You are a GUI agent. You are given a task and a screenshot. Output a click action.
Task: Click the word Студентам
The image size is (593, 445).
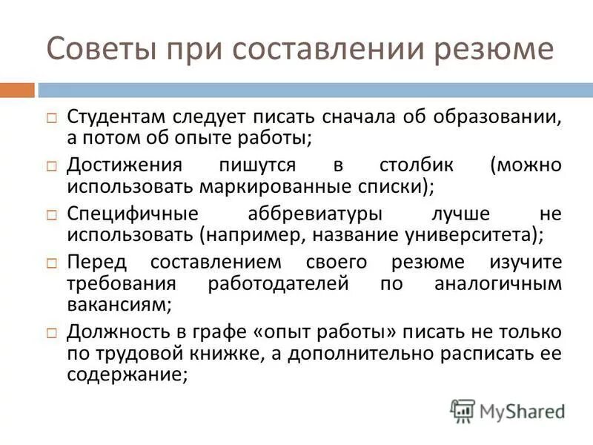[x=118, y=116]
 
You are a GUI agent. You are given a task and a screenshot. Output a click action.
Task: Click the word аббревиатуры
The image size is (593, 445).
[x=314, y=214]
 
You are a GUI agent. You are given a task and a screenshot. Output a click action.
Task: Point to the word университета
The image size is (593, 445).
[x=469, y=234]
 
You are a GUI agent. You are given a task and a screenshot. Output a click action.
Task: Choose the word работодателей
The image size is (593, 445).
[x=279, y=283]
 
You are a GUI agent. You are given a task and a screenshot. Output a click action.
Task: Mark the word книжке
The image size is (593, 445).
[x=225, y=352]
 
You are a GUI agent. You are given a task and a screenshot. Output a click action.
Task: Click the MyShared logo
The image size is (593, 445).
[x=507, y=410]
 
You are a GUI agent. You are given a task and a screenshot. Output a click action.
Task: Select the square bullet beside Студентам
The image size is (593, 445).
[x=52, y=118]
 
